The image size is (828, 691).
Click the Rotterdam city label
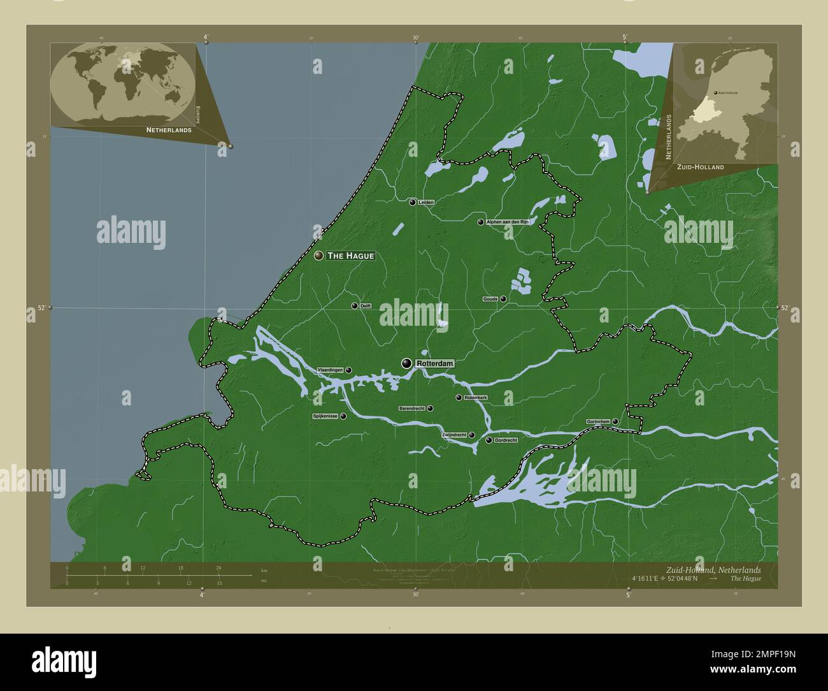(434, 363)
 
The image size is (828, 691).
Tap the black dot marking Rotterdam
(406, 363)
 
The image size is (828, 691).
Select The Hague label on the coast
(350, 256)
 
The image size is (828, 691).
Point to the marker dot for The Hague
(319, 256)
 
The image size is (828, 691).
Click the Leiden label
(426, 202)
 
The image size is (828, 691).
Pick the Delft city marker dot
(354, 306)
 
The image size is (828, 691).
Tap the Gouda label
(490, 298)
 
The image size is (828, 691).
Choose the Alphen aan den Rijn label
(507, 222)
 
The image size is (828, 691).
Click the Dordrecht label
(506, 440)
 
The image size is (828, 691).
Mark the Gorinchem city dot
(615, 421)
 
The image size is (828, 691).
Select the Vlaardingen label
(331, 370)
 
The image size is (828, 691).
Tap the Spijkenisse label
(325, 416)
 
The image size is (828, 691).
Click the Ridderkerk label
(476, 398)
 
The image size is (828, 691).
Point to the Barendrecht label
(411, 408)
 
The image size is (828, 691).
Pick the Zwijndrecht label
(453, 435)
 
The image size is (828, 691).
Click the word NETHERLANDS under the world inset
(169, 130)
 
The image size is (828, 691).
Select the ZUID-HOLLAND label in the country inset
(700, 167)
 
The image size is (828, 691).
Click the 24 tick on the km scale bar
(218, 568)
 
